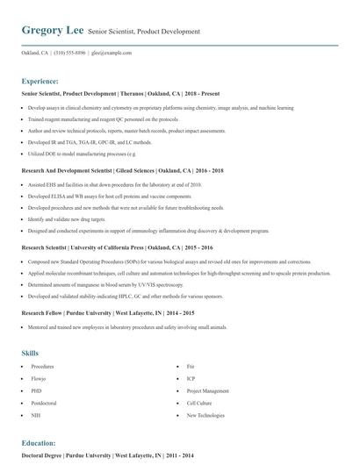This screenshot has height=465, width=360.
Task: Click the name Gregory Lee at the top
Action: [52, 31]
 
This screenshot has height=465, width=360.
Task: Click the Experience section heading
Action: [46, 81]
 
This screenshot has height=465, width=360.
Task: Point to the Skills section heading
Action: [30, 353]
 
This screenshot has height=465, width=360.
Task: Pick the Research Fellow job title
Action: [43, 313]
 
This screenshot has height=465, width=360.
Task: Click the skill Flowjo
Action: [40, 378]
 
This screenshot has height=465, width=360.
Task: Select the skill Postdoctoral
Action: [44, 403]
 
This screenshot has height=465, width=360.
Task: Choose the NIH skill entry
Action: [36, 416]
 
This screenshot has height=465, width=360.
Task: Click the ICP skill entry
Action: [191, 378]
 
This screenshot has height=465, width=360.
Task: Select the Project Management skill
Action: [207, 390]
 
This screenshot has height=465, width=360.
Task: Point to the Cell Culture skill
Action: [199, 403]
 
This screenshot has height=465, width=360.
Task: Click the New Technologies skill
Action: [205, 416]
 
